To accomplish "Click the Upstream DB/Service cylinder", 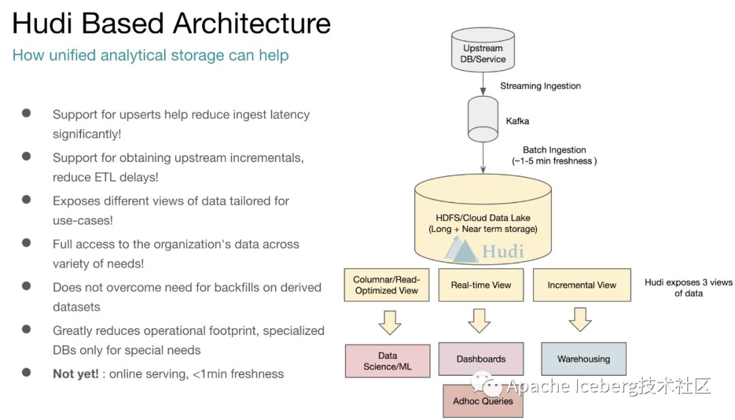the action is pos(483,50).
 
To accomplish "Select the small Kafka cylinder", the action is pos(483,119).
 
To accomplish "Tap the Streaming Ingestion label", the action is pos(540,86).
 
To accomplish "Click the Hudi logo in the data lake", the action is pos(484,249).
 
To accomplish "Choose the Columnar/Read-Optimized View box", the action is pos(387,285).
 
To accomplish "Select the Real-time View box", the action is pos(481,285).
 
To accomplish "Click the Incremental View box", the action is pos(582,285).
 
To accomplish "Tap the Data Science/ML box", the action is pos(387,361).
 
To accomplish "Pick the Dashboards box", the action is pos(481,359).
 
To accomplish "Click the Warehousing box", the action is pos(584,359).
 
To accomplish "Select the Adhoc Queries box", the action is pos(483,401).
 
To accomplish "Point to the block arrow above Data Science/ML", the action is pos(389,322).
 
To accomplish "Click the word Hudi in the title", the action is pos(42,23).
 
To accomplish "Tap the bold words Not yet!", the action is pos(76,374).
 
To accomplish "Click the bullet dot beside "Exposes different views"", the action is pos(27,199).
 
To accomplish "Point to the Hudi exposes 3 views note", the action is pos(688,287).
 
